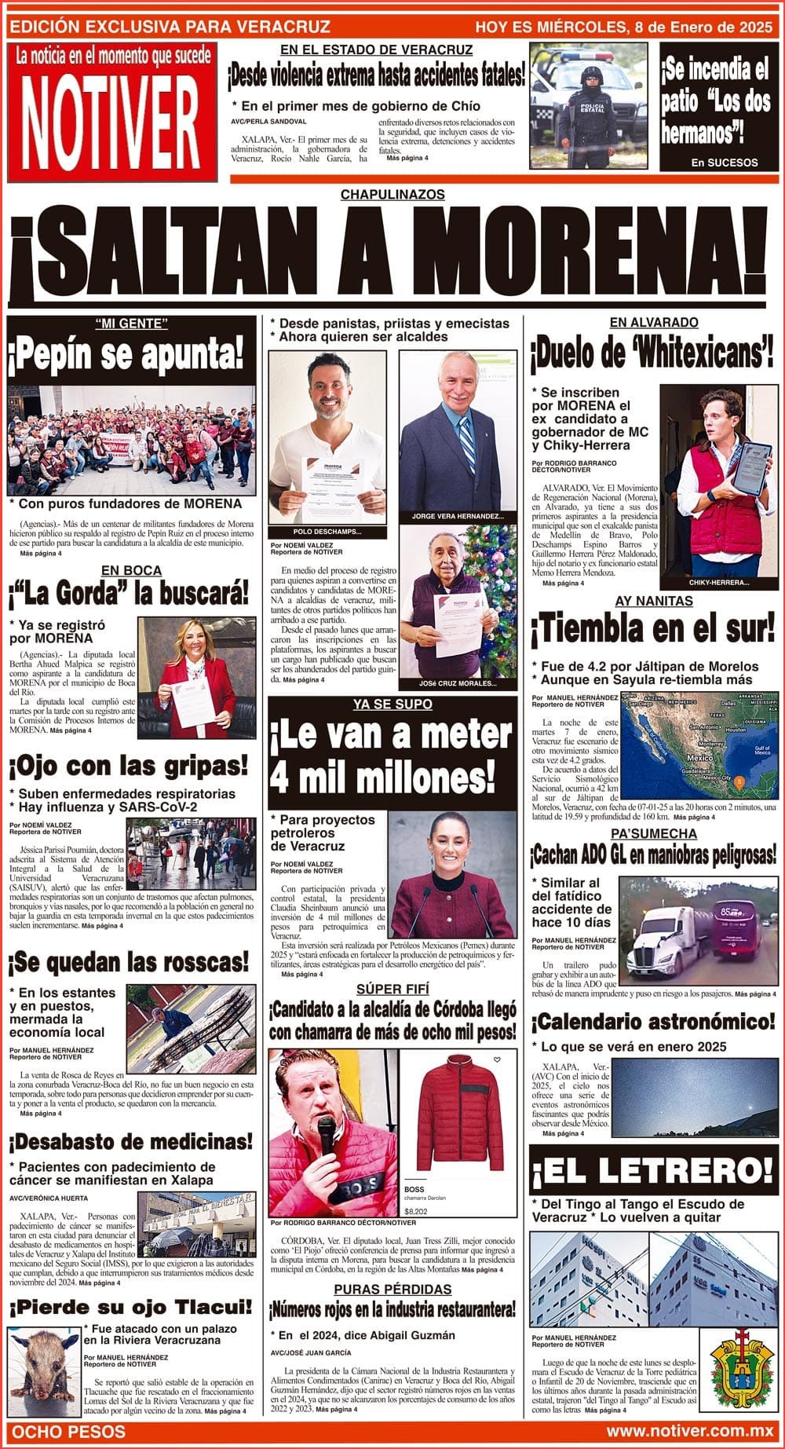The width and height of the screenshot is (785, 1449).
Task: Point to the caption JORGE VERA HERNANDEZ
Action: tap(458, 516)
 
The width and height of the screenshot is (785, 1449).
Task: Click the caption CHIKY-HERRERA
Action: tap(718, 583)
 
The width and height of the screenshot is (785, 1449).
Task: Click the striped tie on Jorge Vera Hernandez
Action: tap(467, 445)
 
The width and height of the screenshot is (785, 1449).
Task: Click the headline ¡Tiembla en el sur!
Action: tap(653, 629)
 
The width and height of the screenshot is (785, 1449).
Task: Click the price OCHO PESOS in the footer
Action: tap(69, 1431)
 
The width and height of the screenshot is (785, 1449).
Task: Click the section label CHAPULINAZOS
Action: tap(392, 195)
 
